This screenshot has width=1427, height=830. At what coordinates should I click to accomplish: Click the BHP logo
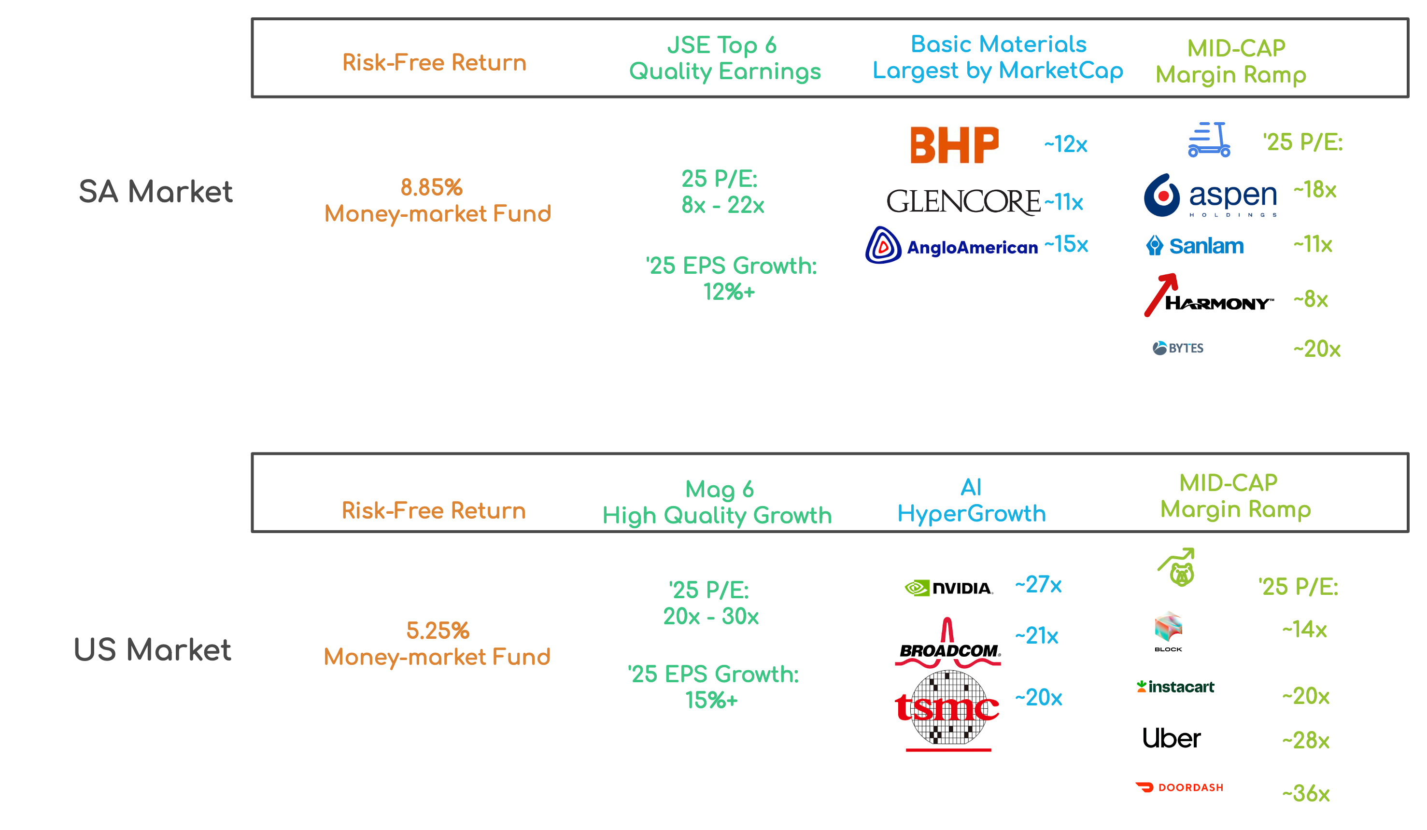point(954,144)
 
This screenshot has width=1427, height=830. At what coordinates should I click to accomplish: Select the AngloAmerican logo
point(951,246)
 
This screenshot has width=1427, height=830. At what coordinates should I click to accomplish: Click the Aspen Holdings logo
point(1210,196)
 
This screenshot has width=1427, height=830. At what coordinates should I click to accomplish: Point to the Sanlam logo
point(1195,246)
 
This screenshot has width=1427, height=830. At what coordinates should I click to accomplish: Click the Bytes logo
point(1178,348)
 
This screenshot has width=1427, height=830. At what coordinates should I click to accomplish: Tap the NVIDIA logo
point(948,588)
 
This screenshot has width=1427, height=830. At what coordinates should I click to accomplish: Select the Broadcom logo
point(948,644)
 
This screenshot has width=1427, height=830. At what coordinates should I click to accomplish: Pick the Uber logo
point(1171,738)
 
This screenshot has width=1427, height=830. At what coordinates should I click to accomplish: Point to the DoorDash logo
point(1179,788)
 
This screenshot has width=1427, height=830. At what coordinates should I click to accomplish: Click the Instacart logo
point(1175,687)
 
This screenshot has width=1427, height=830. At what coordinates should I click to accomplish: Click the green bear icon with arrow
point(1178,568)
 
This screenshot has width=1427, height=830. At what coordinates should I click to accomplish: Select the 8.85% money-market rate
point(432,187)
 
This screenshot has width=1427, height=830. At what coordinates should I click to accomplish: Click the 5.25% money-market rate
point(438,631)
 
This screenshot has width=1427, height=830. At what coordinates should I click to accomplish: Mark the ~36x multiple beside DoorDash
point(1306,794)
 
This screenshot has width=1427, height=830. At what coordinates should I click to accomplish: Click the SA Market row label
point(155,191)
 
